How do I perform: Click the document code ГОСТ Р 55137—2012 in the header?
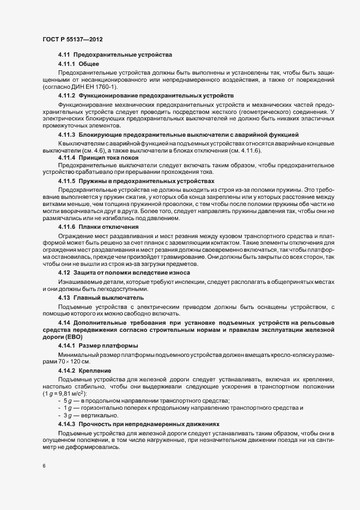(72, 40)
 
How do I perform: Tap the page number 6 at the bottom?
(44, 466)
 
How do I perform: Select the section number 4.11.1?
(67, 64)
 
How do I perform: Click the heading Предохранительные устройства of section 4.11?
(123, 55)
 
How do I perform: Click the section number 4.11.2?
(67, 95)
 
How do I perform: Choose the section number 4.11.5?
(67, 180)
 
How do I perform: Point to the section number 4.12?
(64, 272)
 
